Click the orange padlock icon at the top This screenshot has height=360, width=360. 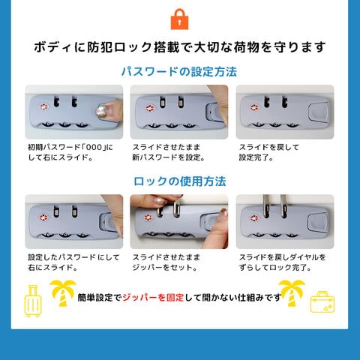179,19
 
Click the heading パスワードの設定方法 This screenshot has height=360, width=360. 179,72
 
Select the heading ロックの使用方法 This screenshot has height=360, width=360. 180,181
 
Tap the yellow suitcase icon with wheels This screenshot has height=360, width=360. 33,301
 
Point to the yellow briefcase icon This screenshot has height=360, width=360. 322,302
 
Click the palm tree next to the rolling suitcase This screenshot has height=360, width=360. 63,293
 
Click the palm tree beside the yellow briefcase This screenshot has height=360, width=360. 292,293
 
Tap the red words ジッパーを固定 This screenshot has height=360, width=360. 153,298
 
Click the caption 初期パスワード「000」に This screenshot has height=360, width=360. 70,147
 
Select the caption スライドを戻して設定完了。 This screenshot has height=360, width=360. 269,152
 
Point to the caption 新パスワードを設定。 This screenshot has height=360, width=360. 169,157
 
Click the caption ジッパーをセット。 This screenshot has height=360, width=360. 165,268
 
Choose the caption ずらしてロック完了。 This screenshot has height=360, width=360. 275,268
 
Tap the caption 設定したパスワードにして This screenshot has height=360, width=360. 73,257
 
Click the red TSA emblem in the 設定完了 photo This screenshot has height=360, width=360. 254,107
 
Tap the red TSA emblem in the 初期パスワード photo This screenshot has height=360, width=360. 43,107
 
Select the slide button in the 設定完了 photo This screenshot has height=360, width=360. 319,112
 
